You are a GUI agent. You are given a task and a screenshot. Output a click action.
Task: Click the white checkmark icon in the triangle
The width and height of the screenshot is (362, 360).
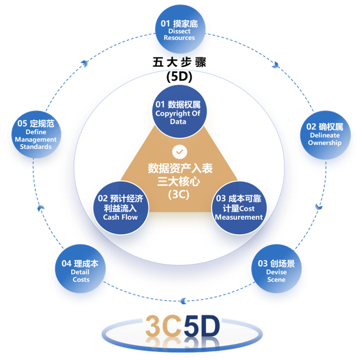pos(179,152)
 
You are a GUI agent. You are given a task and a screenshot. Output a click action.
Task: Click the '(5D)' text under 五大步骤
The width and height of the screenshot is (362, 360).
pos(179,77)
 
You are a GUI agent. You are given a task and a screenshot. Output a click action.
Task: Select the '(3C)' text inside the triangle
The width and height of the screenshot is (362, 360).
pos(179,194)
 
